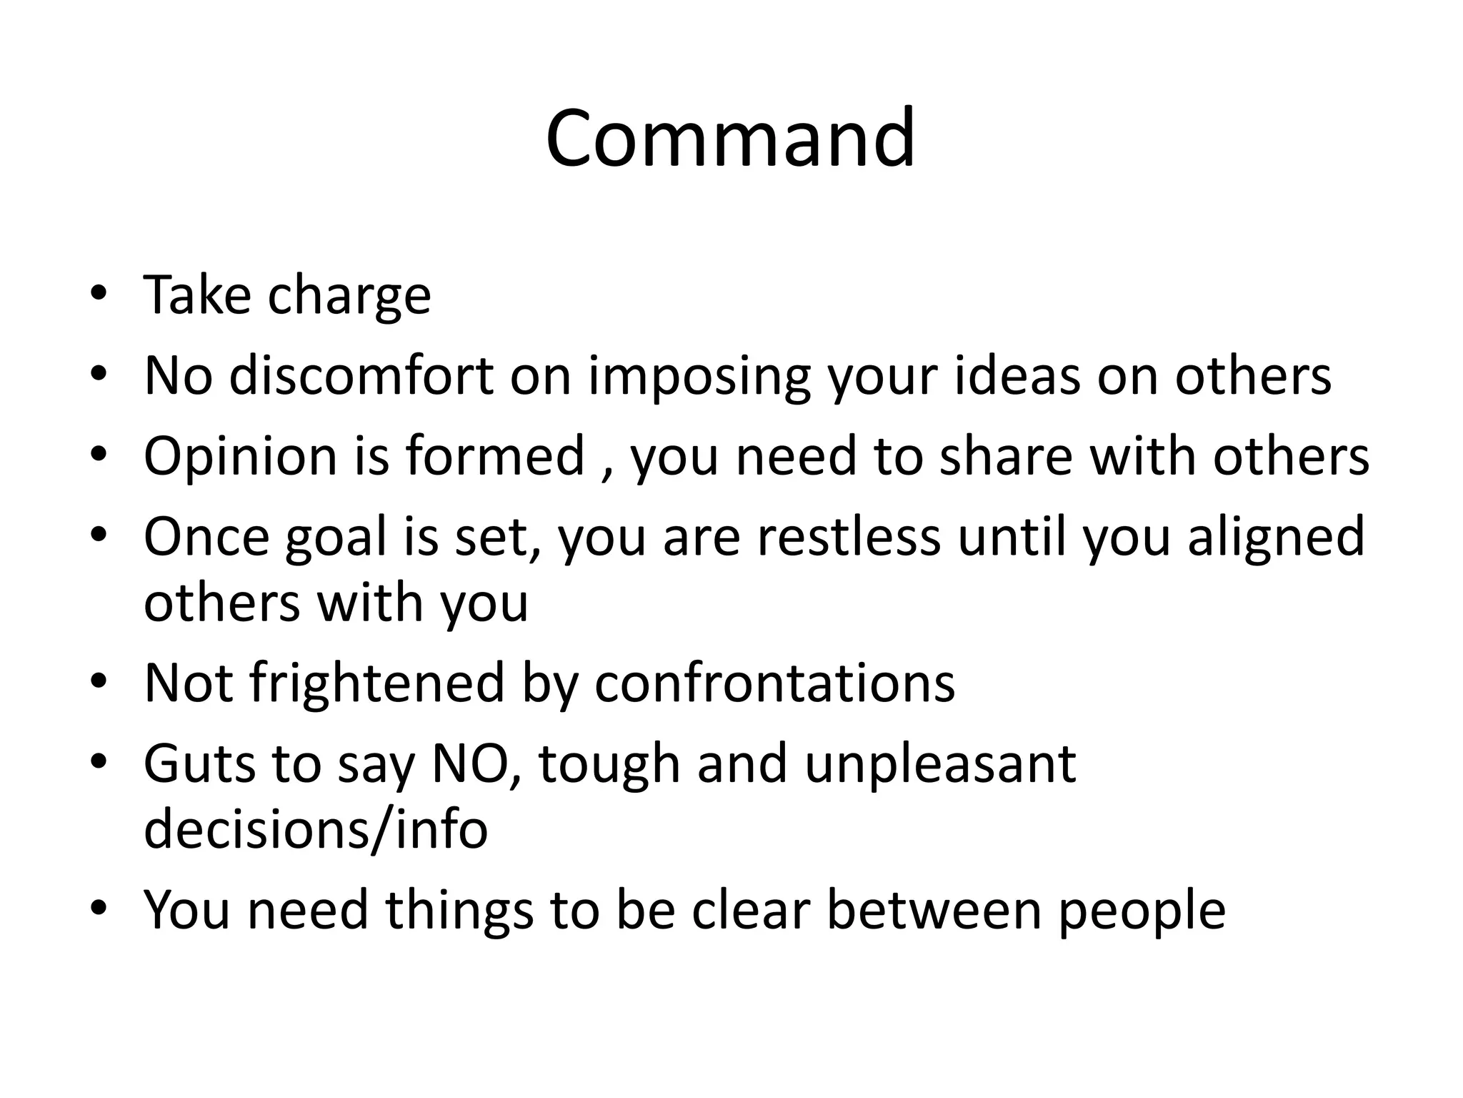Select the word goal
click(x=336, y=538)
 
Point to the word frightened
click(x=377, y=683)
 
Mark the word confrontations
click(x=774, y=683)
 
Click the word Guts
click(x=199, y=763)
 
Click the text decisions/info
click(x=315, y=829)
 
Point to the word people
click(x=1142, y=911)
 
